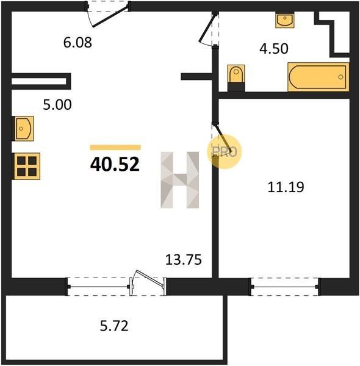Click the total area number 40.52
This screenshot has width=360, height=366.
[115, 164]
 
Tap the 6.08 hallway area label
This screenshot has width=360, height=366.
[77, 43]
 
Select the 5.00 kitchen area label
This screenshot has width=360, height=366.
[57, 104]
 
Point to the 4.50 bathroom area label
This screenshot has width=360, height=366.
[274, 49]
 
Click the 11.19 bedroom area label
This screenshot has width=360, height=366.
[286, 187]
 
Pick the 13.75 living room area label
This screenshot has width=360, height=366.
[184, 260]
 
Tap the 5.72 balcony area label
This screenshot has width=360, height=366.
[114, 326]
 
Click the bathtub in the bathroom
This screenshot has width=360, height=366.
[319, 77]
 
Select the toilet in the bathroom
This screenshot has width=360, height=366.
[236, 77]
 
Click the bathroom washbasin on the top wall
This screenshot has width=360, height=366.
[284, 20]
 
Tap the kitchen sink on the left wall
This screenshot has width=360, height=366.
[23, 128]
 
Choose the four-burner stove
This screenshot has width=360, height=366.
[26, 166]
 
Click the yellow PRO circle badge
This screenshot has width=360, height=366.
[225, 152]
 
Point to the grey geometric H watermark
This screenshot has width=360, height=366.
[180, 180]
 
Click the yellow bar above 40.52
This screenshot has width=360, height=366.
[115, 147]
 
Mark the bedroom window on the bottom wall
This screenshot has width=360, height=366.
[286, 287]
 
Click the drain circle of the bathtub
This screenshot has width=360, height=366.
[340, 77]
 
